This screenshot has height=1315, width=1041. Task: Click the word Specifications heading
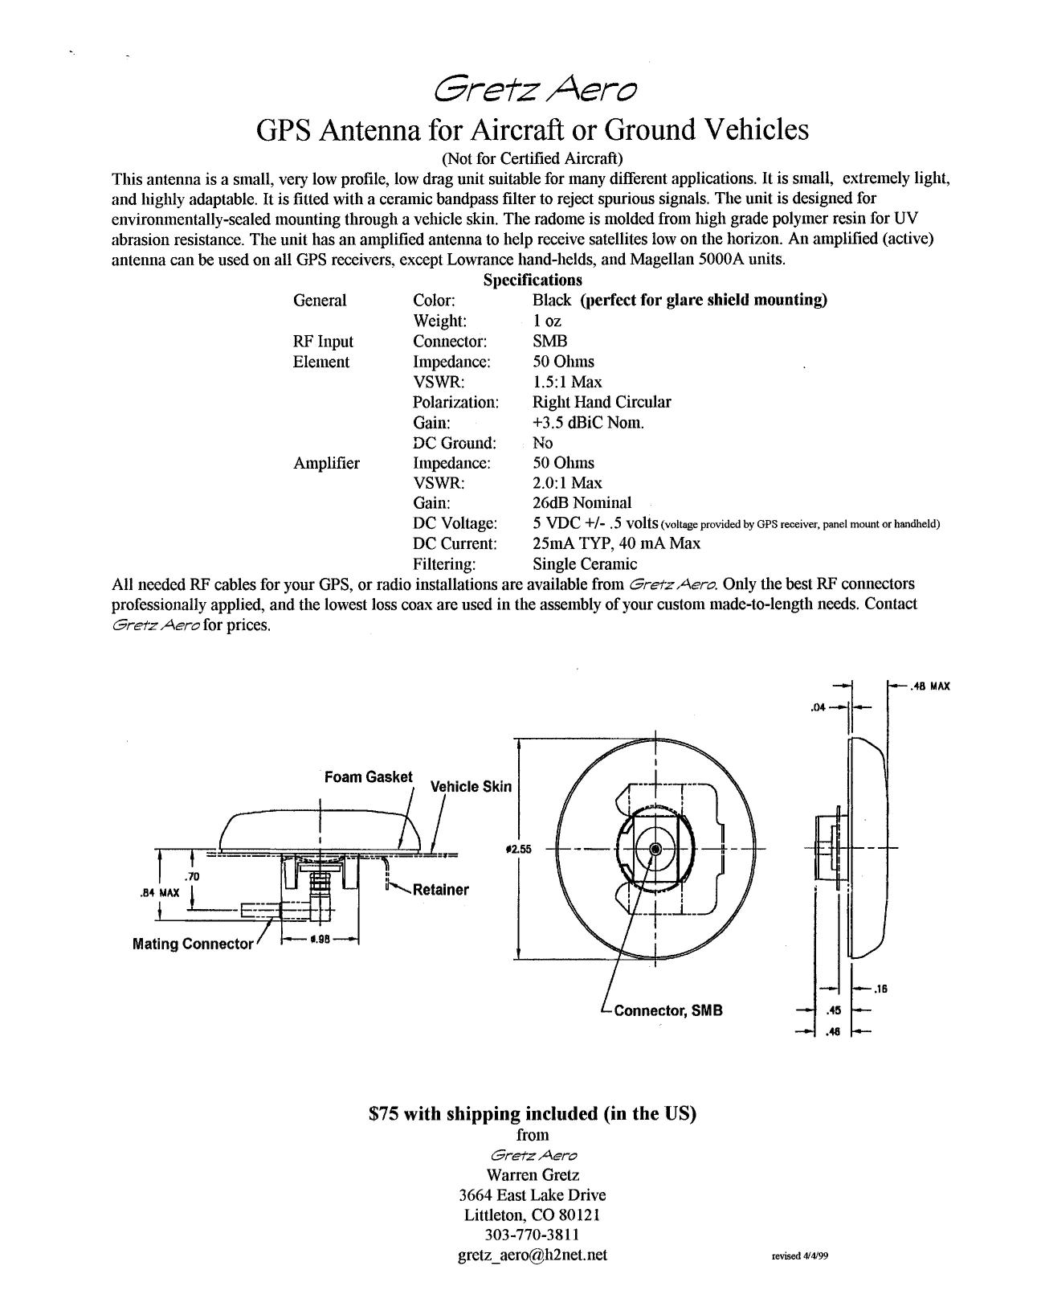533,280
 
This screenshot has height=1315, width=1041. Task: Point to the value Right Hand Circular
602,402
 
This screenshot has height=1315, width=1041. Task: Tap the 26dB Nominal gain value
582,502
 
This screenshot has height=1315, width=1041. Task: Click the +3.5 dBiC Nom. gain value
589,422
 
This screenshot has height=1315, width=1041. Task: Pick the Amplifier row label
327,463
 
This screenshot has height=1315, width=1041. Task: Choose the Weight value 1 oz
547,321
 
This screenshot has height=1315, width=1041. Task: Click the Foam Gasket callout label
368,777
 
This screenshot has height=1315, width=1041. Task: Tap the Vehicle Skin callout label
471,786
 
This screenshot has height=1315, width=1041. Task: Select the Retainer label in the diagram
440,890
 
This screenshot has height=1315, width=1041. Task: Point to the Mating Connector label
192,944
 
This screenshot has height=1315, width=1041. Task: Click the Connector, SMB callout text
667,1010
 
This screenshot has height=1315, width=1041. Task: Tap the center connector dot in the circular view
655,849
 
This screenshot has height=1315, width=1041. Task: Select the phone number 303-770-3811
533,1234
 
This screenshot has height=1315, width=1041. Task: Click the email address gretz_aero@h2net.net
533,1254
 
